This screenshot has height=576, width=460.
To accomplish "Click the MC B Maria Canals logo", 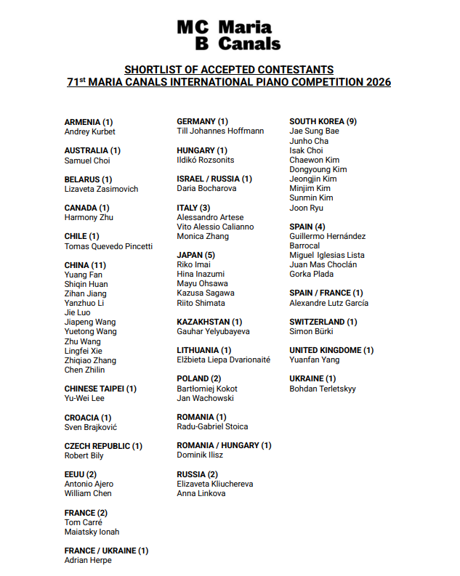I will click(x=229, y=35).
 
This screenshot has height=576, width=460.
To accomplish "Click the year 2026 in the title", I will click(x=376, y=82).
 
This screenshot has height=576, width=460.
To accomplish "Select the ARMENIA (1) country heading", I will click(x=89, y=122).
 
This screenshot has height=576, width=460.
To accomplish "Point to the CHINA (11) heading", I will click(x=86, y=265).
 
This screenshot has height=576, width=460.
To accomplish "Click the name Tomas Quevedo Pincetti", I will click(x=108, y=246).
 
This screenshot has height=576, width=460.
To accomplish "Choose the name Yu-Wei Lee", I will click(x=84, y=398).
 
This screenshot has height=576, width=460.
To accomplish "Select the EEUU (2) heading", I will click(x=80, y=474).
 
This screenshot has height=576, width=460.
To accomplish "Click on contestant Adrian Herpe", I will click(x=88, y=560).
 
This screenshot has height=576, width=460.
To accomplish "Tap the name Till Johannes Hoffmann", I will click(x=220, y=131).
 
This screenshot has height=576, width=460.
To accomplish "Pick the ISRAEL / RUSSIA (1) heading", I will click(x=214, y=179).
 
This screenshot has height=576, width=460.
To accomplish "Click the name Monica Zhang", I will click(x=203, y=236).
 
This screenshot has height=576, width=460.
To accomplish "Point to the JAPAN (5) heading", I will click(x=195, y=255).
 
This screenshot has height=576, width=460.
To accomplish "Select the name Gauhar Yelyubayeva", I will click(x=213, y=331).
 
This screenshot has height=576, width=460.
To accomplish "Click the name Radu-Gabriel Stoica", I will click(x=212, y=426).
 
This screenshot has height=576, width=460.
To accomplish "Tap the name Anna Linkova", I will click(x=201, y=493).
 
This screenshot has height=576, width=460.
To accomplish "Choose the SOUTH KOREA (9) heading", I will click(x=323, y=121).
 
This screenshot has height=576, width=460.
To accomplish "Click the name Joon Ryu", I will click(x=306, y=208).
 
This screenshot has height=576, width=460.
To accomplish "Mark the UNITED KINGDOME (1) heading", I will click(x=331, y=350).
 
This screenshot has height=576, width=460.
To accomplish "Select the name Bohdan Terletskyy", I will click(x=323, y=389).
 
